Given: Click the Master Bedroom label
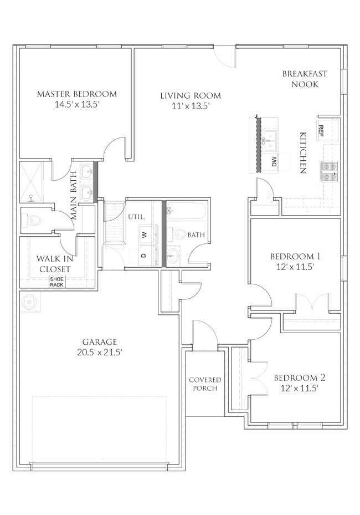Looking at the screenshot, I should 76,94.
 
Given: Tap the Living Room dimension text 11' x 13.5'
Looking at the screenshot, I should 191,107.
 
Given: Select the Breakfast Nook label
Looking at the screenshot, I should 304,79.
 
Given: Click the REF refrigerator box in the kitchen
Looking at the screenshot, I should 321,130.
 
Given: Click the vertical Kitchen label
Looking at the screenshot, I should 303,153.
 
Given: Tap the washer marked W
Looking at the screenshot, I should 145,234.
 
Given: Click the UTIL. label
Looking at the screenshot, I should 136,216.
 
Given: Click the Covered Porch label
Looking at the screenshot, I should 205,384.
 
